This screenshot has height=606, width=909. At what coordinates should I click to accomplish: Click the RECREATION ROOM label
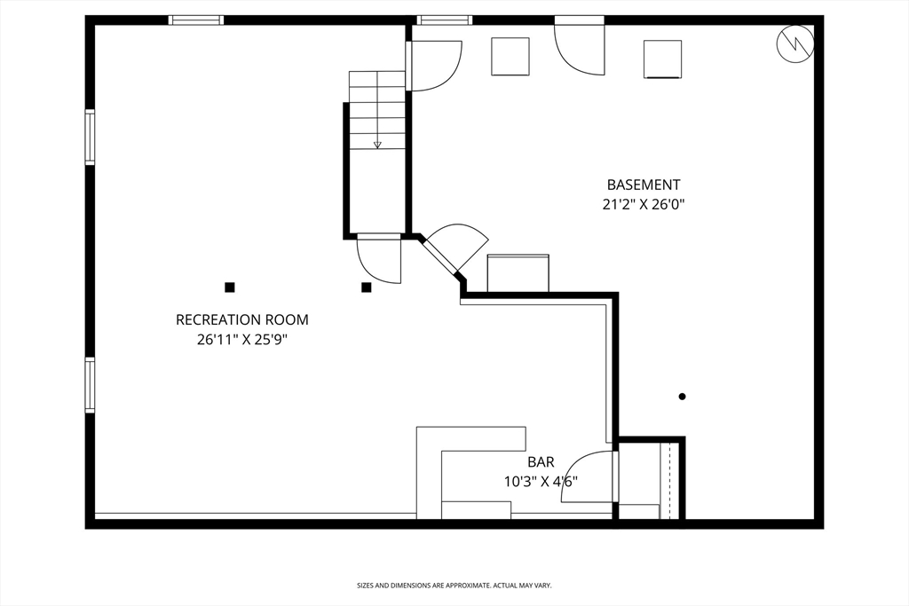pyautogui.click(x=241, y=319)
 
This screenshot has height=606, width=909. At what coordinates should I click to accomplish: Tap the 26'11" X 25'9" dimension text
pyautogui.click(x=241, y=339)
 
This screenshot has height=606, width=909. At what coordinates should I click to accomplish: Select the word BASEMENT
pyautogui.click(x=644, y=185)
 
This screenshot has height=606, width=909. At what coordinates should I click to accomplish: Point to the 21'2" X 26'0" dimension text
pyautogui.click(x=644, y=204)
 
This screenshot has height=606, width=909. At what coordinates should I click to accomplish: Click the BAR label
pyautogui.click(x=541, y=462)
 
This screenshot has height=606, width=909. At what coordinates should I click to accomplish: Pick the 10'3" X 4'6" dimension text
pyautogui.click(x=541, y=482)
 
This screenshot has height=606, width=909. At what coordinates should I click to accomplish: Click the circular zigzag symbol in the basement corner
pyautogui.click(x=794, y=43)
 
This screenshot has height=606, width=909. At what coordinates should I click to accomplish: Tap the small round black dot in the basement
pyautogui.click(x=682, y=397)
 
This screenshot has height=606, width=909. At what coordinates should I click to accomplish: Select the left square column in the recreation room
pyautogui.click(x=229, y=287)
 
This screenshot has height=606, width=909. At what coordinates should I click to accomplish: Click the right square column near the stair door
pyautogui.click(x=366, y=287)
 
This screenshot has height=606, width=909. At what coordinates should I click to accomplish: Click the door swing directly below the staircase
pyautogui.click(x=379, y=260)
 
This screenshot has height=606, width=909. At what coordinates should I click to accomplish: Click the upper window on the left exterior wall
pyautogui.click(x=90, y=137)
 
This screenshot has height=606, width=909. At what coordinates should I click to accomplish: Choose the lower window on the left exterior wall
pyautogui.click(x=90, y=384)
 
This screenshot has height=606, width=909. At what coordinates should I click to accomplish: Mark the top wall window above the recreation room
pyautogui.click(x=196, y=20)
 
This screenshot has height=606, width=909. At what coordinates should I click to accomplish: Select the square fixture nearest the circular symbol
pyautogui.click(x=662, y=59)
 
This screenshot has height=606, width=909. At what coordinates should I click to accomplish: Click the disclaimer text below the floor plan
pyautogui.click(x=454, y=586)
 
